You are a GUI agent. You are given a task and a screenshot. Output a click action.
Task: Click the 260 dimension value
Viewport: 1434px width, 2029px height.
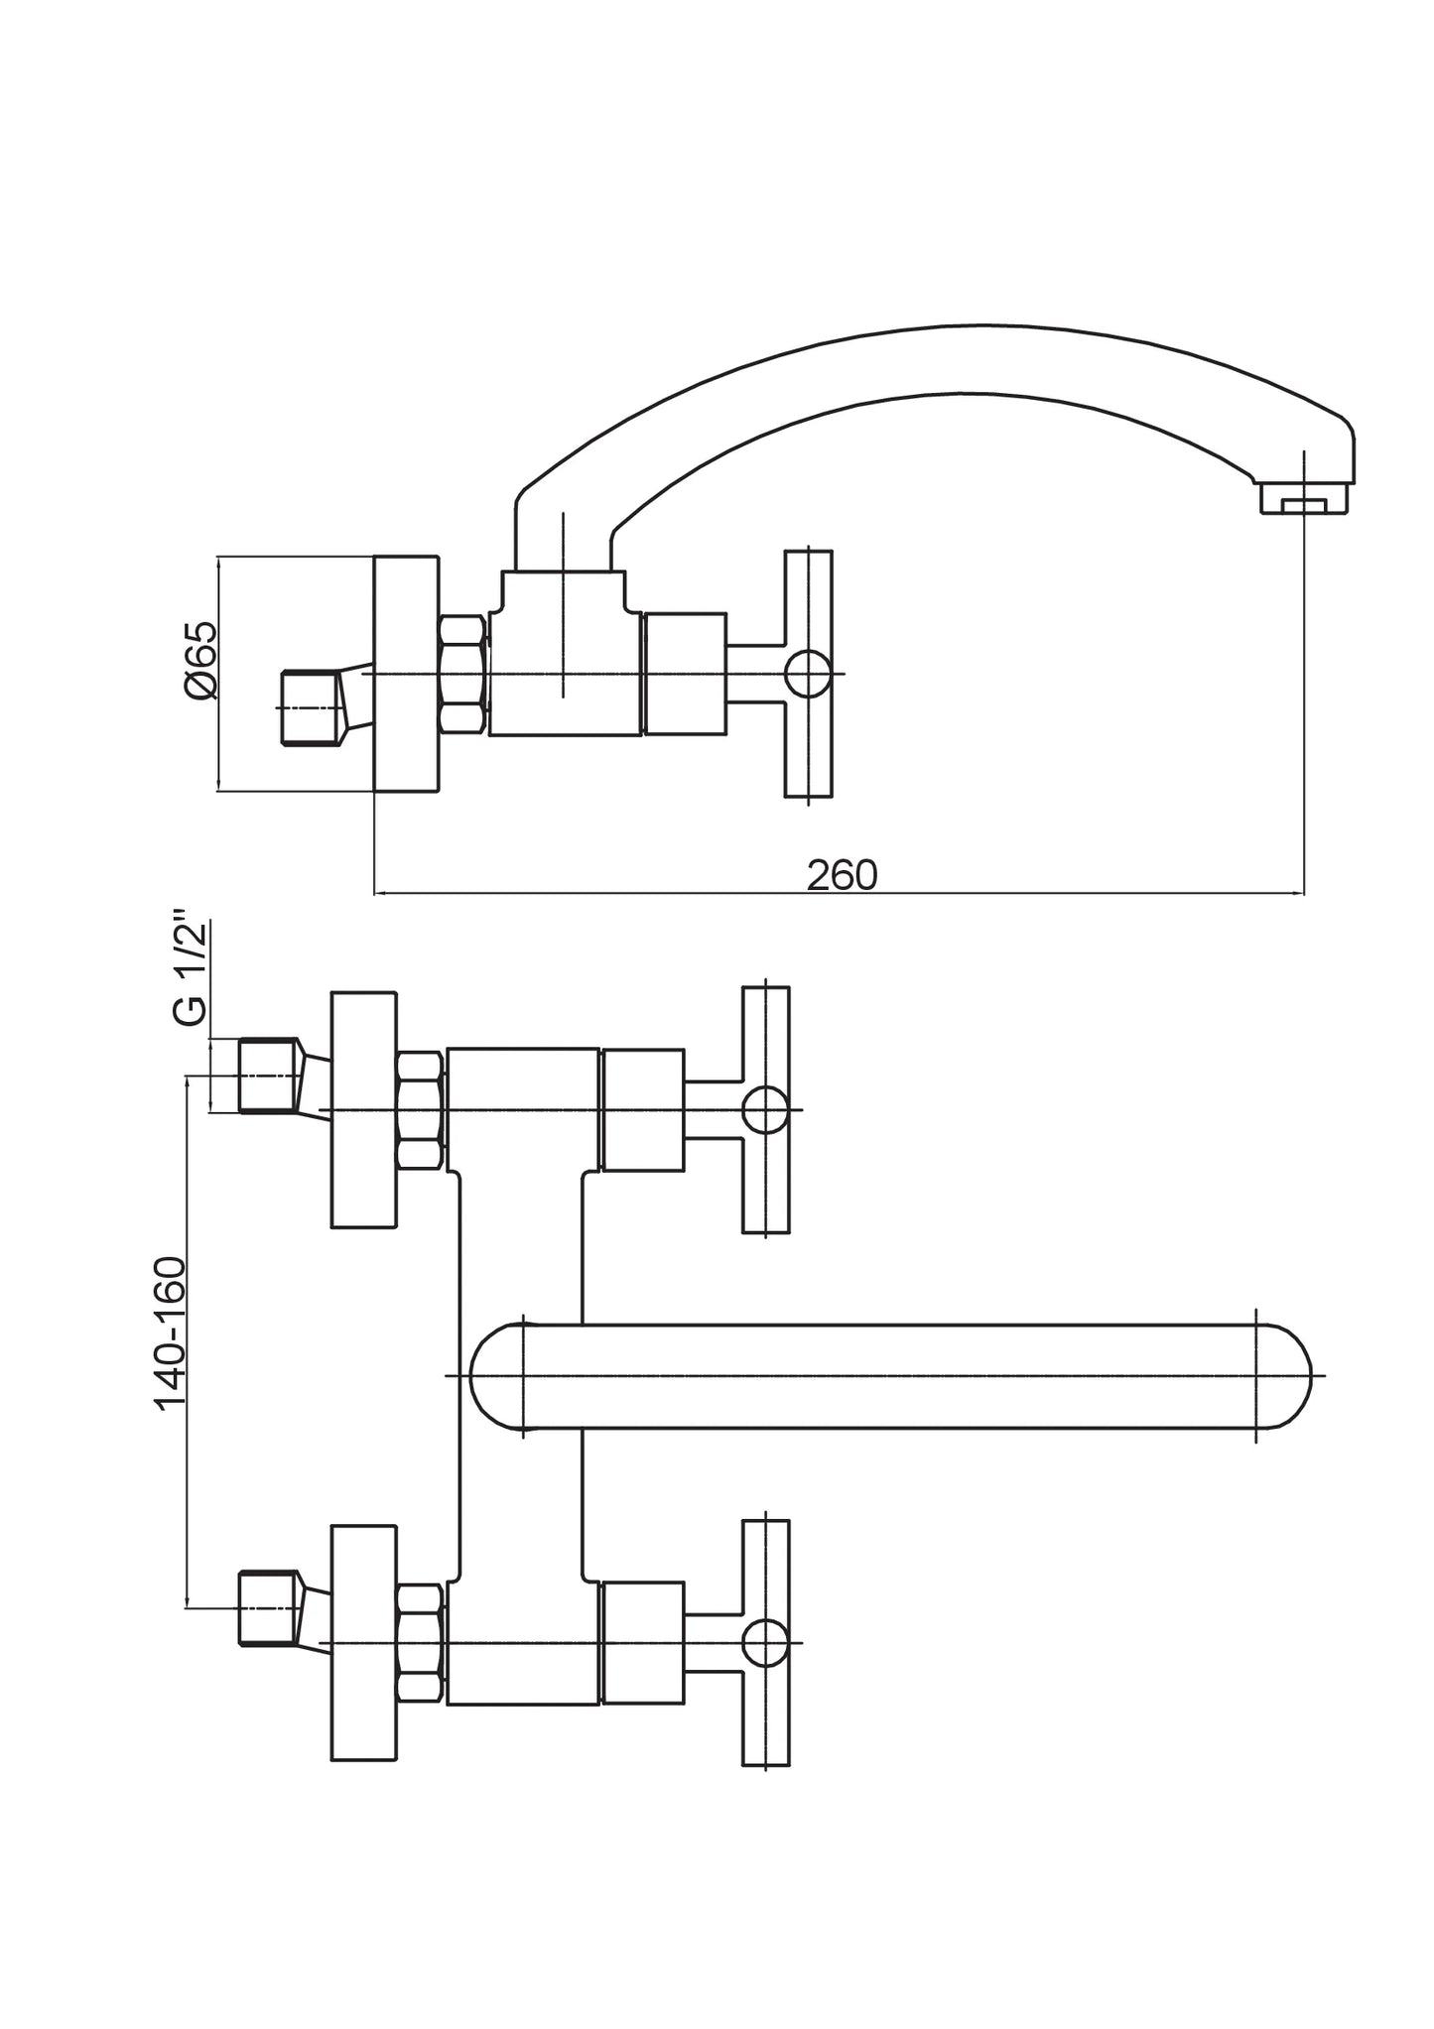tap(842, 875)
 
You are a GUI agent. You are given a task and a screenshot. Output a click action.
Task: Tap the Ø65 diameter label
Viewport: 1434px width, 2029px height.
tap(199, 660)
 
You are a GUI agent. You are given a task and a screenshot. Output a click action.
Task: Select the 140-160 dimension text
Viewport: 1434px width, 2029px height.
tap(171, 1332)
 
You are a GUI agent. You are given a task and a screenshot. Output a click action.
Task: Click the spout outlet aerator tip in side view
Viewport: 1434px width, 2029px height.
tap(1304, 499)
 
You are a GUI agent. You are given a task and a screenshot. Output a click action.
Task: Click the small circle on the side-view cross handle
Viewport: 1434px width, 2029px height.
tap(808, 674)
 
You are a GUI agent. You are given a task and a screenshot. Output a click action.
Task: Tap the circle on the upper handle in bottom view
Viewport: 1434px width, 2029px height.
tap(766, 1109)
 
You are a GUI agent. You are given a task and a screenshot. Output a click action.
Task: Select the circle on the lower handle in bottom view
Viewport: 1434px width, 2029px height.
tap(766, 1642)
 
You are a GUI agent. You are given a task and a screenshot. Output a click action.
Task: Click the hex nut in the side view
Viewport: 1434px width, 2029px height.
tap(461, 675)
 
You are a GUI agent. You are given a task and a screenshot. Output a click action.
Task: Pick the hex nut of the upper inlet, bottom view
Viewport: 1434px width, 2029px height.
tap(420, 1110)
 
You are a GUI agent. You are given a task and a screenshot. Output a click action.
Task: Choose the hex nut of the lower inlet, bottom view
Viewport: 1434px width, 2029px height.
tap(420, 1642)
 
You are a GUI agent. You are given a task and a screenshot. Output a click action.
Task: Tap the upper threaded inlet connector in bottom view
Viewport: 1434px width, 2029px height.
tap(269, 1076)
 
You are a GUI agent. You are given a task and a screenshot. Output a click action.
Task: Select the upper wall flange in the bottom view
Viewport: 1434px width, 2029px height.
tap(363, 1109)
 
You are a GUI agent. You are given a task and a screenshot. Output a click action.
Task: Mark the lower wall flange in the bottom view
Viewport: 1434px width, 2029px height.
tap(363, 1642)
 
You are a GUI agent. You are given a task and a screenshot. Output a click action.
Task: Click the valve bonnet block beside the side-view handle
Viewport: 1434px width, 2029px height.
tap(685, 674)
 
